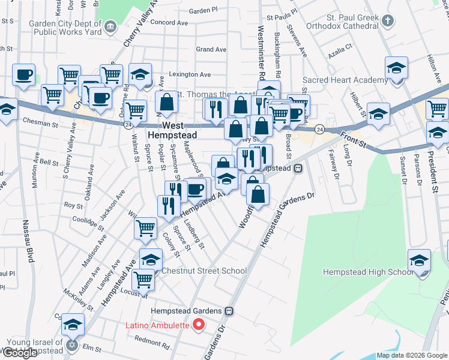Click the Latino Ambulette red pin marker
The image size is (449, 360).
coord(201,326)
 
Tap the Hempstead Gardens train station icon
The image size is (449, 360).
coord(229,312)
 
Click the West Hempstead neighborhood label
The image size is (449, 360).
coord(173,131)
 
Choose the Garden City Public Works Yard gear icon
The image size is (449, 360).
coord(110,26)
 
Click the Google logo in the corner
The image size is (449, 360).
coord(20,353)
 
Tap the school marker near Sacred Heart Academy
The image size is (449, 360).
coord(396,68)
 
